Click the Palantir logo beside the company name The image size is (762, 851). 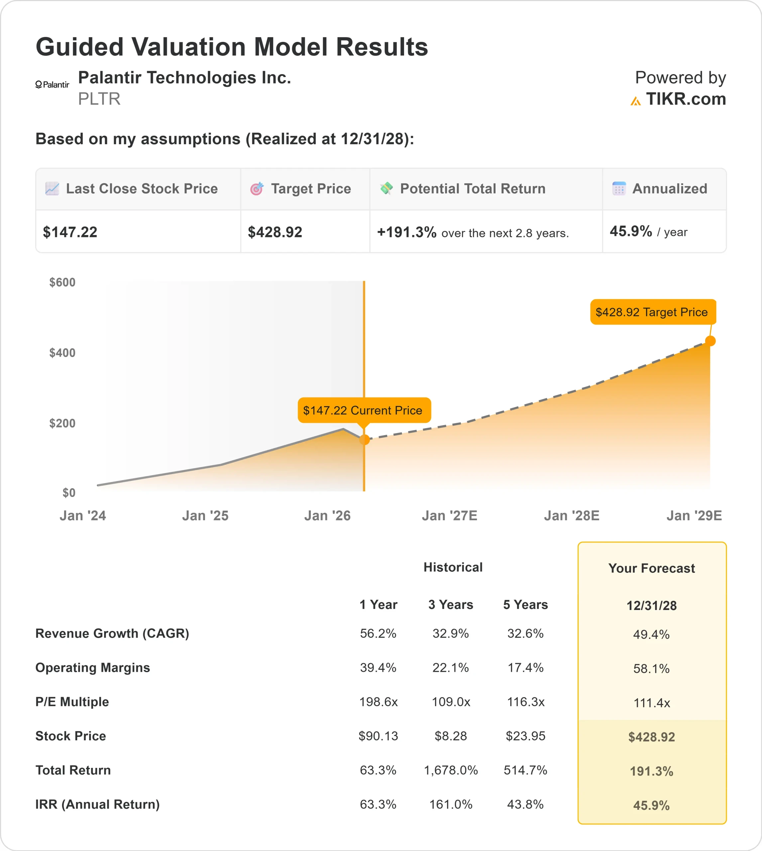pyautogui.click(x=52, y=84)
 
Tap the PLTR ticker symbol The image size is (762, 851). pyautogui.click(x=99, y=99)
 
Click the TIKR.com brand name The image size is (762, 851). pyautogui.click(x=685, y=99)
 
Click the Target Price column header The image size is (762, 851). pyautogui.click(x=311, y=189)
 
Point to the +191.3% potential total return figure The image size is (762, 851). pyautogui.click(x=406, y=232)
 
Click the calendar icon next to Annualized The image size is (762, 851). pyautogui.click(x=619, y=188)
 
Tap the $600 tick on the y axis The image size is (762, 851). pyautogui.click(x=62, y=282)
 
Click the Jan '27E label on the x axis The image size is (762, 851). pyautogui.click(x=449, y=516)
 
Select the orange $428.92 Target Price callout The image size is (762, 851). pyautogui.click(x=652, y=312)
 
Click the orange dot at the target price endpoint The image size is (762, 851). pyautogui.click(x=710, y=341)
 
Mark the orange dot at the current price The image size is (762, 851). pyautogui.click(x=364, y=439)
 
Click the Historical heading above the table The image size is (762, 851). pyautogui.click(x=453, y=567)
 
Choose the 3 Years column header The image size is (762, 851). pyautogui.click(x=451, y=604)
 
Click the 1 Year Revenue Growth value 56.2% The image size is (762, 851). pyautogui.click(x=378, y=633)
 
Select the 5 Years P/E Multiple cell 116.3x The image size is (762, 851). pyautogui.click(x=525, y=701)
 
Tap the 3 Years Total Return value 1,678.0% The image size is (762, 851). pyautogui.click(x=451, y=770)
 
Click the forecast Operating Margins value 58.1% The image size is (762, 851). pyautogui.click(x=651, y=669)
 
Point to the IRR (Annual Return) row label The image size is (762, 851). pyautogui.click(x=98, y=804)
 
